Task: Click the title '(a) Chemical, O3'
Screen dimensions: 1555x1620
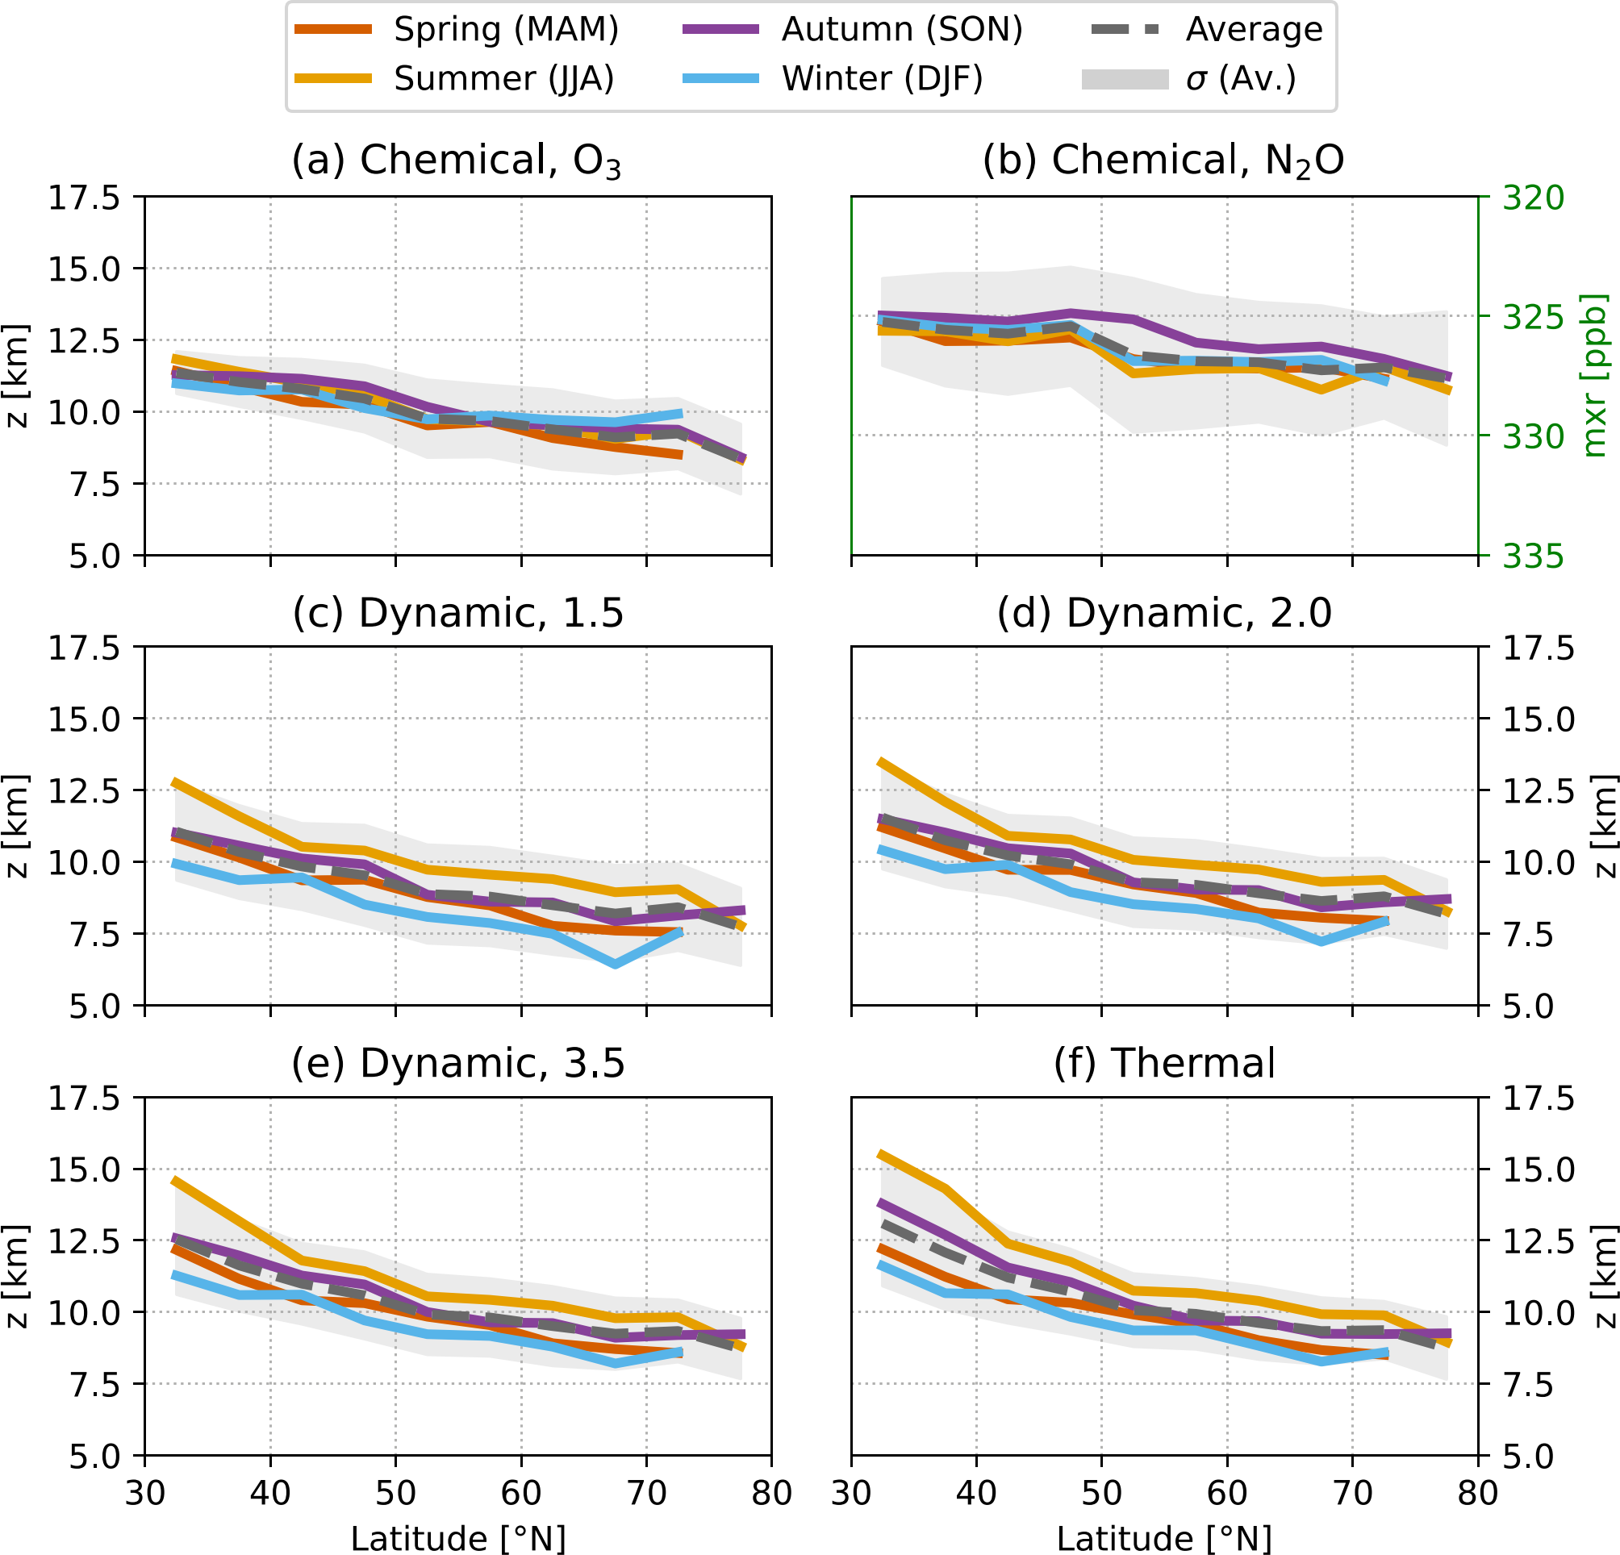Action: [457, 161]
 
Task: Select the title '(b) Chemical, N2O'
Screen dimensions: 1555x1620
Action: [1163, 161]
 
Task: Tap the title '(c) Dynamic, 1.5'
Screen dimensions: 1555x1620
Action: [458, 613]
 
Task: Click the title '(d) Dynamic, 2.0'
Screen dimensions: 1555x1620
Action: [1163, 613]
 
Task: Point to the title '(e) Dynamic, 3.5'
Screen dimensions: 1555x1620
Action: [458, 1063]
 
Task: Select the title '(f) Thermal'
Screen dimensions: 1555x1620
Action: [1163, 1063]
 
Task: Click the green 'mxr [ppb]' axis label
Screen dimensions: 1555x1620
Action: [1594, 376]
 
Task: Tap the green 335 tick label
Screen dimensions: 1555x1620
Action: [1533, 557]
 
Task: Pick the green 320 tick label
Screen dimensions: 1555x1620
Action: [1533, 198]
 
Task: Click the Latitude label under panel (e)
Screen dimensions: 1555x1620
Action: [458, 1540]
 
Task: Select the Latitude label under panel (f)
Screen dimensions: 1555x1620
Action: [1163, 1540]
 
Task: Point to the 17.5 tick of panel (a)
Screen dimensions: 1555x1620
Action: [83, 198]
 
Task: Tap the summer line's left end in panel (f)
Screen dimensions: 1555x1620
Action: [881, 1154]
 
